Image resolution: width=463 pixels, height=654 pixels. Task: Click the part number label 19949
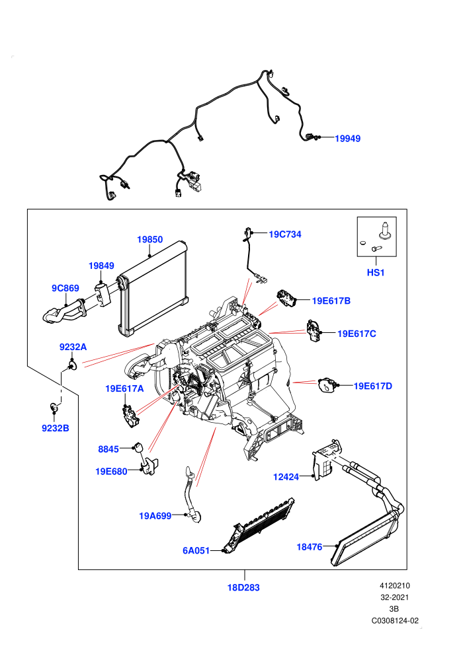point(347,139)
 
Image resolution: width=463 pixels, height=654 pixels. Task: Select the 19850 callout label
point(150,239)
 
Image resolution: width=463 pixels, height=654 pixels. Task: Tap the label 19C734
point(284,235)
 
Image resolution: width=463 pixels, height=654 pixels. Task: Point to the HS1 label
point(375,272)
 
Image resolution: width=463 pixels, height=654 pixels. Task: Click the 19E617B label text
point(331,301)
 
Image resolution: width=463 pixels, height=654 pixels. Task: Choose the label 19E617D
point(373,386)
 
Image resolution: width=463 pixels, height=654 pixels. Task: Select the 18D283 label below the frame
point(243,587)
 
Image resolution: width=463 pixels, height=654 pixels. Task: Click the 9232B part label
point(56,428)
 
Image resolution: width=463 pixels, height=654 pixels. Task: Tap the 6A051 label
point(196,550)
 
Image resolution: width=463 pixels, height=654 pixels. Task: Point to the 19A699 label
point(155,516)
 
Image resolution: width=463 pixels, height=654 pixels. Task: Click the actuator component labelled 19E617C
point(313,330)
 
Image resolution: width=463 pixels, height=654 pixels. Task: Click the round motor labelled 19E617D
point(327,384)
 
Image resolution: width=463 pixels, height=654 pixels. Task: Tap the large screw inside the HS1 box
point(384,231)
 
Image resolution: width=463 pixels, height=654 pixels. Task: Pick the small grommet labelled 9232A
point(73,366)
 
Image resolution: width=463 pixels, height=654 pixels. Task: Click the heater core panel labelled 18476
point(364,537)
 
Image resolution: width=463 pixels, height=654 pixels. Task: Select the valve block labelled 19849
point(103,293)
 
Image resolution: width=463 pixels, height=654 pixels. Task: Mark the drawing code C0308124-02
point(395,620)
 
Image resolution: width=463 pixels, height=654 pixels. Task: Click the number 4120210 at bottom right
point(395,585)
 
